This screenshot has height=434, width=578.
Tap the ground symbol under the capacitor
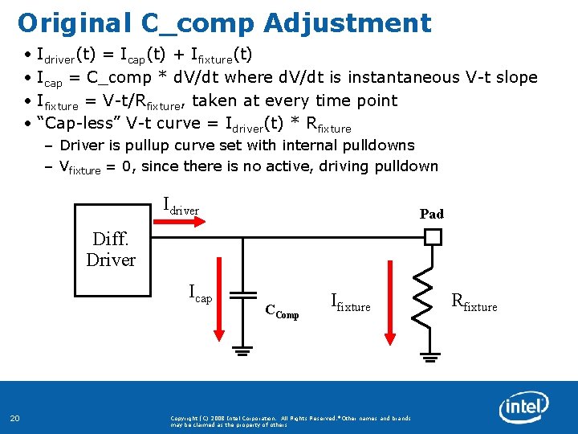coord(242,350)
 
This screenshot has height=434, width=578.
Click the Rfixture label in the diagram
coord(474,304)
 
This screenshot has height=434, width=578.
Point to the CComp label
coord(282,313)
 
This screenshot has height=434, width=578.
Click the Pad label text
coord(431,214)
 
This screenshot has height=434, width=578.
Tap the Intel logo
coord(523,408)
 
